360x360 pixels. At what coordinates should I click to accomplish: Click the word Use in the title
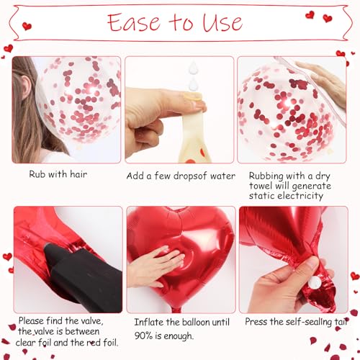click(x=222, y=22)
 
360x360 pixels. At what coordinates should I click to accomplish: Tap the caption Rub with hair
click(x=58, y=174)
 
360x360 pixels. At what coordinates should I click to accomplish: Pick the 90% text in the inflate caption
click(x=143, y=336)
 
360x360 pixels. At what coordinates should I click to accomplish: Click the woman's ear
click(x=25, y=87)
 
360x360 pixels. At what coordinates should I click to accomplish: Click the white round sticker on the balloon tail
click(x=314, y=282)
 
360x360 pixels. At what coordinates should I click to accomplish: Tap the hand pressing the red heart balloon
click(x=155, y=266)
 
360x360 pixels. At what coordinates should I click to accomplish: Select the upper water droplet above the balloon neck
click(x=193, y=67)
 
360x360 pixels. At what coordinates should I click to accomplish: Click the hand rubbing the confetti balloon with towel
click(x=323, y=81)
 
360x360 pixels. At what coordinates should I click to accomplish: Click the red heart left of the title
click(x=27, y=26)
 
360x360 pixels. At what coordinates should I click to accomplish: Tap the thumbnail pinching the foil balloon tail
click(x=311, y=262)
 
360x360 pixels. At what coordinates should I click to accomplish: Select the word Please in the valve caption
click(x=32, y=321)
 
